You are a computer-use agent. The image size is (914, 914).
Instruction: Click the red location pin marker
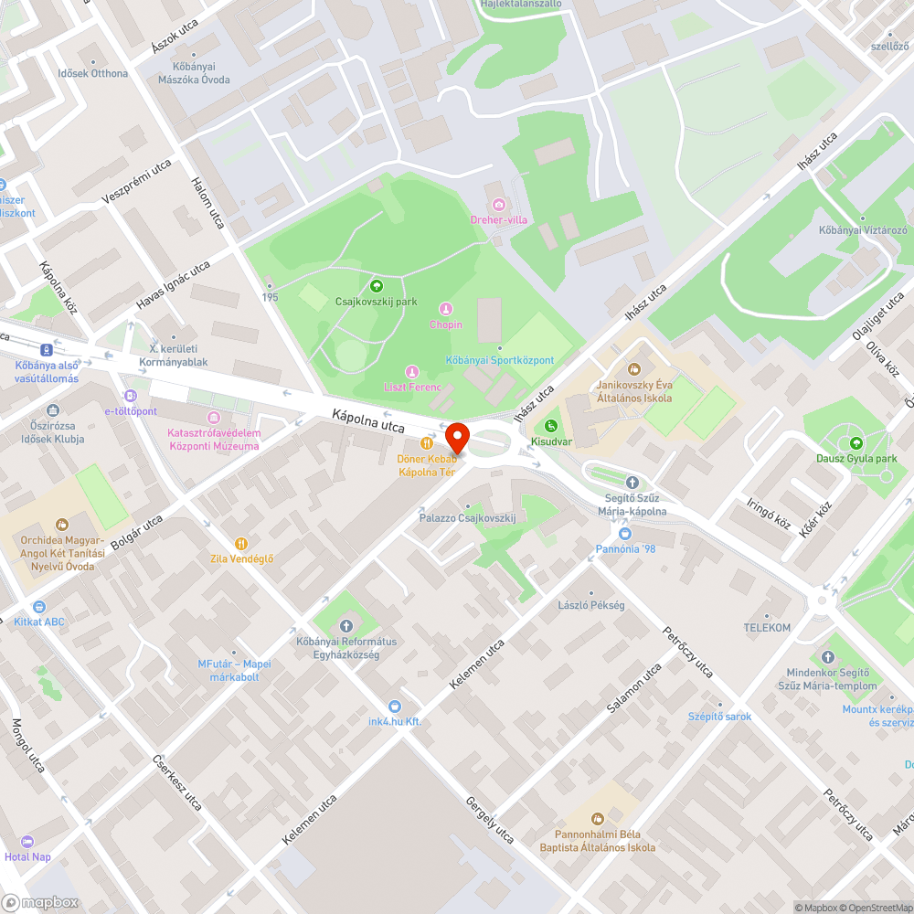(x=456, y=437)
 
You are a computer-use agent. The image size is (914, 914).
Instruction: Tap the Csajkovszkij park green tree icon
(x=376, y=286)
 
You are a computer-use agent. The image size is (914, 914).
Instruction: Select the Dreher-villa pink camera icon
(x=498, y=204)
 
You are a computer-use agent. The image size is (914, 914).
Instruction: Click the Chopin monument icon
(x=446, y=309)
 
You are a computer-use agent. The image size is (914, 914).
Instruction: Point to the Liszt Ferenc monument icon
(x=412, y=371)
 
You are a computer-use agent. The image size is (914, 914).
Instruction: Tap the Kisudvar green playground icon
(x=551, y=425)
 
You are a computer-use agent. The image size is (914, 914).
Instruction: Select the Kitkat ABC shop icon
(x=39, y=606)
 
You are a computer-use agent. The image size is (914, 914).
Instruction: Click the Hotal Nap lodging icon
(x=27, y=841)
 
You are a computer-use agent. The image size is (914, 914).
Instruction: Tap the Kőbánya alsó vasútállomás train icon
(x=46, y=349)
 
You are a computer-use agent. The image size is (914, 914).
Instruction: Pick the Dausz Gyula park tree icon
(x=856, y=442)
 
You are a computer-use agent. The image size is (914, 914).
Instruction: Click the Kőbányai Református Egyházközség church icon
(x=345, y=626)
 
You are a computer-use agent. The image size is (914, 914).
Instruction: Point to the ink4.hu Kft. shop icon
(x=394, y=706)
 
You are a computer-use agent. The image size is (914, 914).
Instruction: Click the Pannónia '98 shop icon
(x=625, y=533)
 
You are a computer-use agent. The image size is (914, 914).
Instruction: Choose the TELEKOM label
(x=766, y=628)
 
